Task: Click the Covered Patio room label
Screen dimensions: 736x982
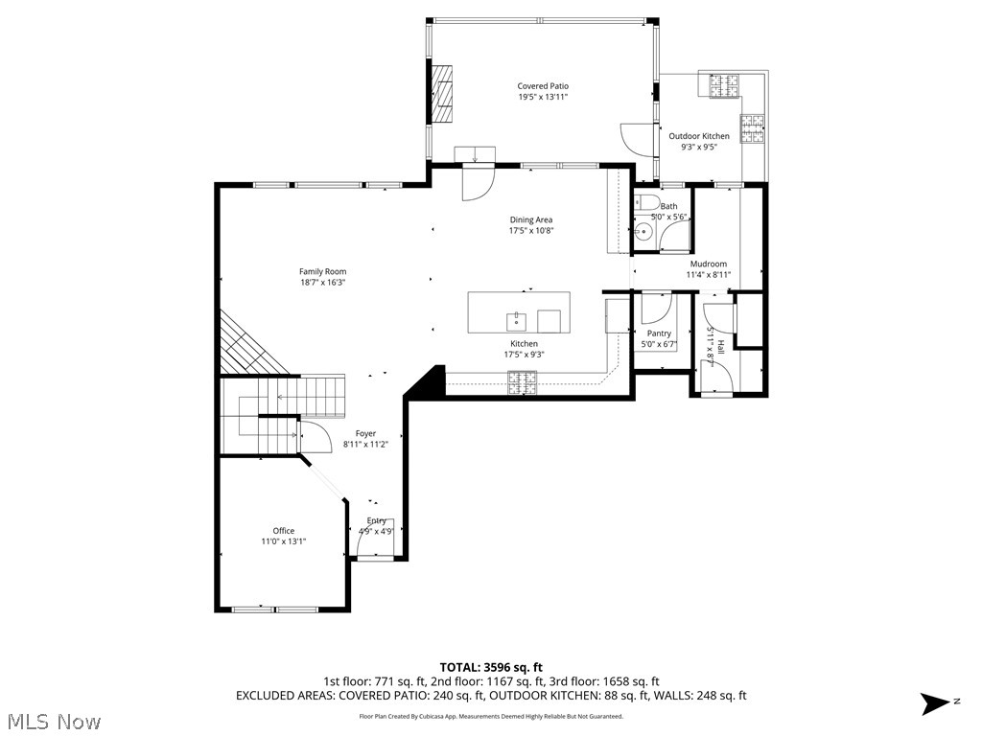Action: (x=543, y=86)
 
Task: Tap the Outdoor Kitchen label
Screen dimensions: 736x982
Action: (x=699, y=136)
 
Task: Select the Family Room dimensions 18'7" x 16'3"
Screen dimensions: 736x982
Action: (x=322, y=283)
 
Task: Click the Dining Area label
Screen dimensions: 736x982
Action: (x=530, y=219)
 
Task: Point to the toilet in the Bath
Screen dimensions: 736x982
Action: (x=647, y=202)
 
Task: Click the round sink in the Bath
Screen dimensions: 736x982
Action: (x=641, y=231)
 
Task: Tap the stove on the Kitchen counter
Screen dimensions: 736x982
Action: (x=523, y=382)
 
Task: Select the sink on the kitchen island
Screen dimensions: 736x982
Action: (x=516, y=319)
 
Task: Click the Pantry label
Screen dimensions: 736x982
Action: (x=659, y=333)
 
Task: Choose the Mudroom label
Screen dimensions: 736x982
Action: (x=709, y=264)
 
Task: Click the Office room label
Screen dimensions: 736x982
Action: (x=284, y=531)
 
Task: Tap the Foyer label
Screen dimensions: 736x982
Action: (x=365, y=433)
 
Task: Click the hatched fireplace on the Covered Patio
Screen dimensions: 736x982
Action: (x=442, y=94)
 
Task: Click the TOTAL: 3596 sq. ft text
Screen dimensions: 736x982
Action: (x=491, y=667)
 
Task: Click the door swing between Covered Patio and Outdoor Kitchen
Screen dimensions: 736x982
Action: (x=637, y=140)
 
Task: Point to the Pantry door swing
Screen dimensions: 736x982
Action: (x=656, y=309)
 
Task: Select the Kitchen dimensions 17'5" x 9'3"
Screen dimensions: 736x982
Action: (x=524, y=355)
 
